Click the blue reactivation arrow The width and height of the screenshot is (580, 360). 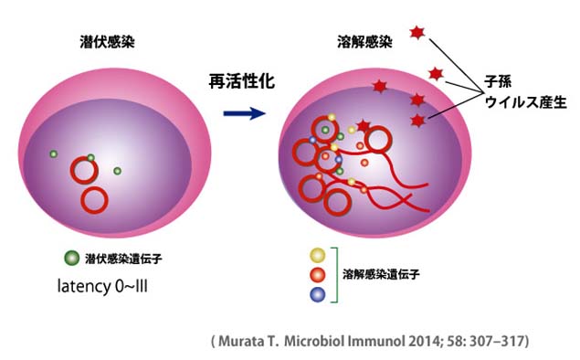(245, 113)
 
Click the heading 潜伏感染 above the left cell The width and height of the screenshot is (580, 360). (107, 42)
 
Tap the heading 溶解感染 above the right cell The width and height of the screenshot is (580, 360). (364, 42)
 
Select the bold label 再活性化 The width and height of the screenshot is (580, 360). (242, 81)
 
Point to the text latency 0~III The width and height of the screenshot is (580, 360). (102, 286)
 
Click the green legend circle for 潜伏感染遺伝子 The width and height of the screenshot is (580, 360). (72, 258)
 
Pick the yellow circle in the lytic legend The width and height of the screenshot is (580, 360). (317, 255)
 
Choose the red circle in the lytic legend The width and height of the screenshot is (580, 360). (317, 275)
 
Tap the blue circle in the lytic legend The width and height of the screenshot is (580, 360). (317, 294)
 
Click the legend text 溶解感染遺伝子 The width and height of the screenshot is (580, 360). (381, 274)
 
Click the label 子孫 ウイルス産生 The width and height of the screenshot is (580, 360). (525, 91)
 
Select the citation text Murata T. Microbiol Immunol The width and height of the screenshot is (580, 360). (311, 341)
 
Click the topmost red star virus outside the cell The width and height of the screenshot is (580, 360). (417, 33)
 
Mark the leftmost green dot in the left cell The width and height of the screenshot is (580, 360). (54, 154)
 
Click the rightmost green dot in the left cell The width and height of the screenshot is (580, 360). (117, 171)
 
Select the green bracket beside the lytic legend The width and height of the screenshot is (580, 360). (337, 275)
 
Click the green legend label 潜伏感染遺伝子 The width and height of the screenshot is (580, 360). (123, 259)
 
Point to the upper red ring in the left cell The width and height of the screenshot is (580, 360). (71, 171)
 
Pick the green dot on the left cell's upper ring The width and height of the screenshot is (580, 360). (90, 158)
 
